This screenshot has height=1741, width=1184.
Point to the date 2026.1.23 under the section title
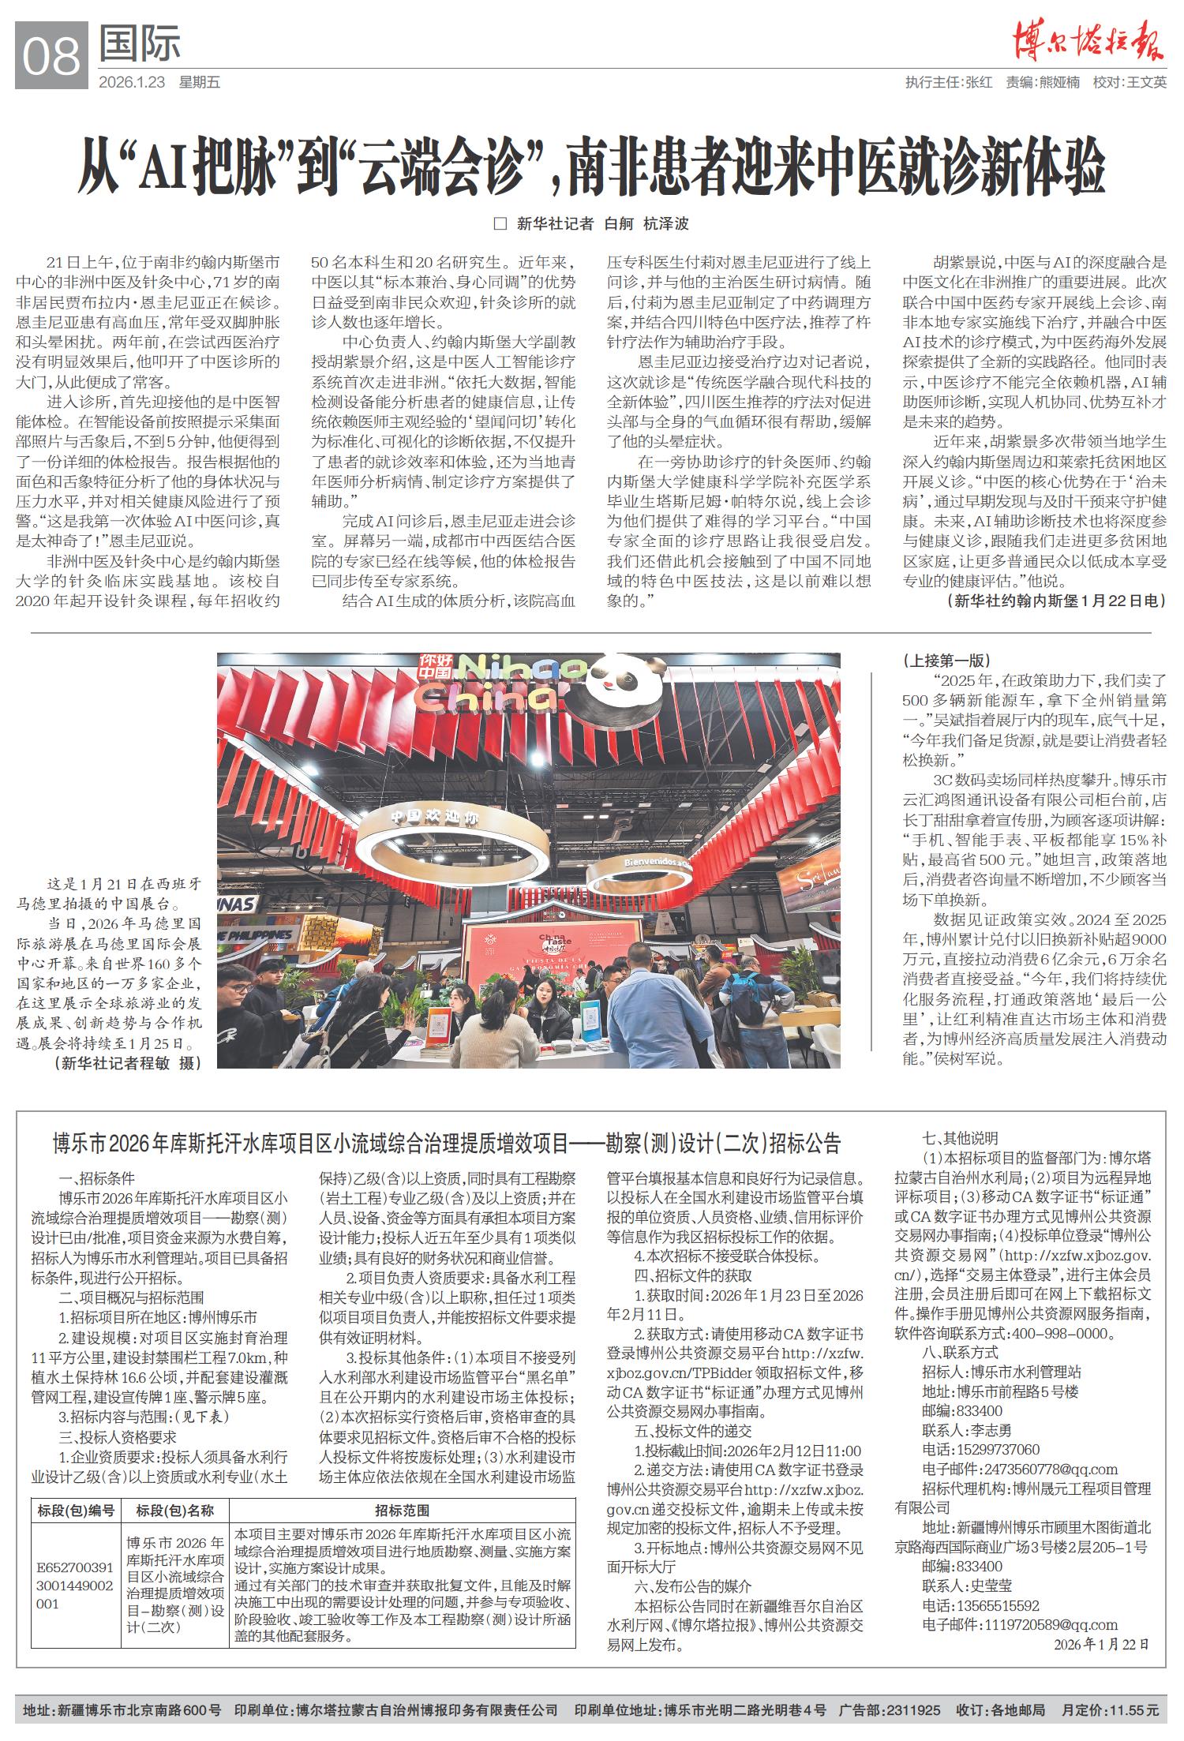(132, 82)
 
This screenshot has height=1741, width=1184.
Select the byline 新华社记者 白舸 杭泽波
(602, 223)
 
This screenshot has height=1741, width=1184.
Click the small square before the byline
(499, 223)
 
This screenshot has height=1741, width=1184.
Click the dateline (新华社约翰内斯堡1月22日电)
(1055, 601)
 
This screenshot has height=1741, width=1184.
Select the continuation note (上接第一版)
(946, 661)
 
